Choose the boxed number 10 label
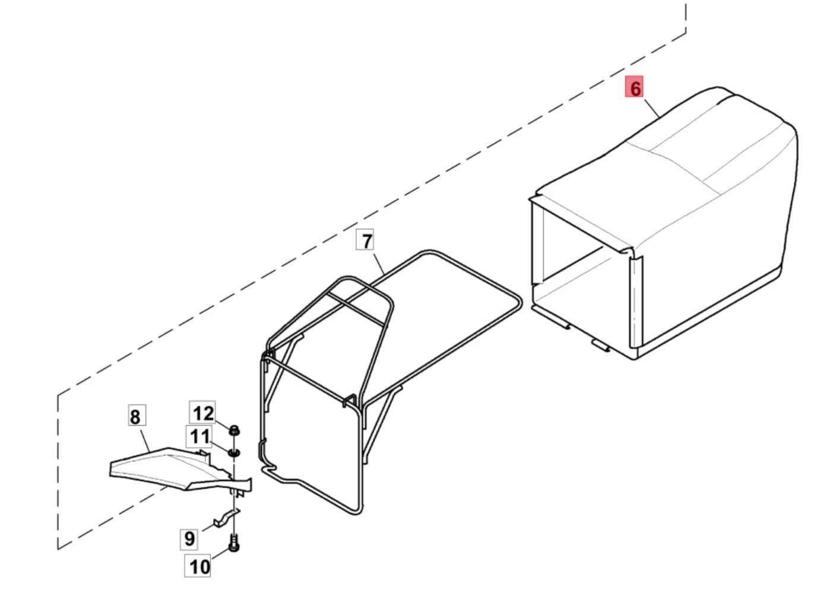point(199,566)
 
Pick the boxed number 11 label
point(199,436)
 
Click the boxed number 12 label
point(202,413)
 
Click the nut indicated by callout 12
point(234,431)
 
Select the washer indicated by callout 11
point(234,453)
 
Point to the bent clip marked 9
point(226,517)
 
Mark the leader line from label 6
point(651,106)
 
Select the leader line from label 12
point(223,425)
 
